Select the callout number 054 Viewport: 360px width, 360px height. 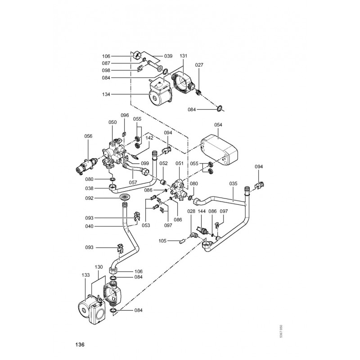[x=218, y=124]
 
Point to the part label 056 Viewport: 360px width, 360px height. [x=88, y=135]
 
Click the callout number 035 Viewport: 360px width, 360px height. [x=233, y=184]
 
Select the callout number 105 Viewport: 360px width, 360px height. [x=162, y=241]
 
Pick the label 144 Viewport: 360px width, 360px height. [x=202, y=211]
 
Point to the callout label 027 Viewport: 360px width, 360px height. [x=199, y=65]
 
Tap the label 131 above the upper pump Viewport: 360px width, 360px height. [x=184, y=56]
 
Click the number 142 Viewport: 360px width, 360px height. [x=149, y=138]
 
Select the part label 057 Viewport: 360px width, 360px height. [x=133, y=183]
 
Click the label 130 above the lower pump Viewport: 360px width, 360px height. [x=99, y=267]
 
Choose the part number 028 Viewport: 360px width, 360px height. [x=191, y=211]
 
